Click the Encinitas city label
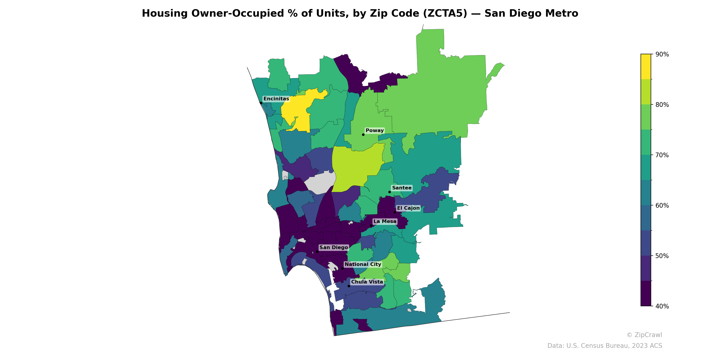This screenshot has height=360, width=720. [276, 99]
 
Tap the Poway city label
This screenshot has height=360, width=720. [375, 130]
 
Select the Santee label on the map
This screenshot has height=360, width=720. [402, 188]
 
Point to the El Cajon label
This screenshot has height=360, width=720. [408, 208]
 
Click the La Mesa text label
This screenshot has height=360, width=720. [385, 221]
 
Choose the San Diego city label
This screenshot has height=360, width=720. [334, 247]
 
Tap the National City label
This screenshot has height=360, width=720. [363, 264]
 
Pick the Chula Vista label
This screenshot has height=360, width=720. [367, 282]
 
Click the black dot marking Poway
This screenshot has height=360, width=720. [363, 135]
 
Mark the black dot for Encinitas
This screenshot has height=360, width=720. [261, 103]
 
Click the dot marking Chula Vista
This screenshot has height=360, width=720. [349, 286]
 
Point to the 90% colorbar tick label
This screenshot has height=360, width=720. [662, 54]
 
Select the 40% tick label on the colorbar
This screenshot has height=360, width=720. [662, 306]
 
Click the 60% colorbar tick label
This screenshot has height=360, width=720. [662, 205]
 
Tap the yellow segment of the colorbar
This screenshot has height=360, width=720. [646, 67]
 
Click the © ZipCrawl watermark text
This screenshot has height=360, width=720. [644, 335]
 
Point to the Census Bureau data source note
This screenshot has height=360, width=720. [605, 346]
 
